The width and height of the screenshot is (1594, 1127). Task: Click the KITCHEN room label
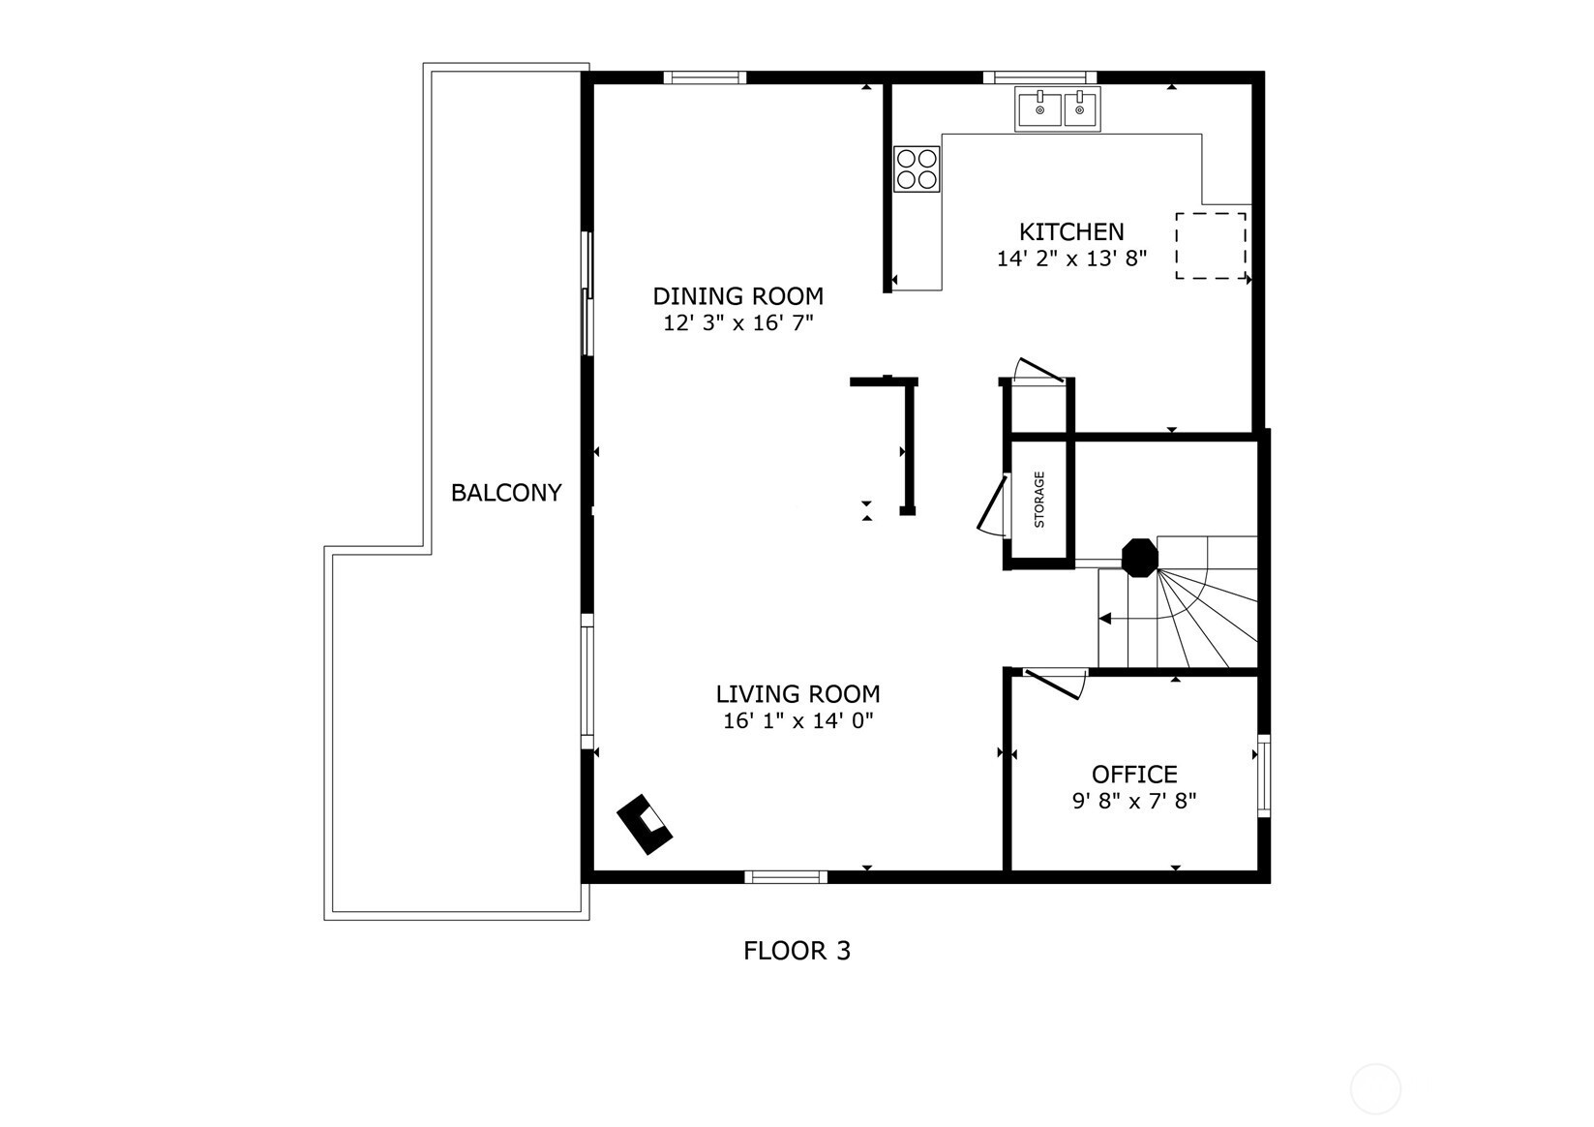coord(1071,232)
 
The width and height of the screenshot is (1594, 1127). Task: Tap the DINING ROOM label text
coord(737,296)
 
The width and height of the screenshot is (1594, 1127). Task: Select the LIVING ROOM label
coord(797,694)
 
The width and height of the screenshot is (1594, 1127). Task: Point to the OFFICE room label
coord(1134,774)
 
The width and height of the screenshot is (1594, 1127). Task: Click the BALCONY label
coord(506,493)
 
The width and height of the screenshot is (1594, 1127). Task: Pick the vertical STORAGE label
coord(1038,499)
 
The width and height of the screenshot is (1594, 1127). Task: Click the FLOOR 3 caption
coord(797,951)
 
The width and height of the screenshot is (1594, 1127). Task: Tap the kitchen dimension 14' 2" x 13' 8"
coord(1071,259)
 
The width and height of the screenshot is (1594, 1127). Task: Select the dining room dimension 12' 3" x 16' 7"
coord(737,323)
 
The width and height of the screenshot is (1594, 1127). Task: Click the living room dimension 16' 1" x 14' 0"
coord(797,721)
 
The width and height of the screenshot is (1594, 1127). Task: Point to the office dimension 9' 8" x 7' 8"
coord(1134,801)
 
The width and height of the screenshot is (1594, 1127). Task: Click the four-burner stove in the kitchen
coord(917,168)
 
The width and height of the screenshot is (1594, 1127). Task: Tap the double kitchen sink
coord(1058,109)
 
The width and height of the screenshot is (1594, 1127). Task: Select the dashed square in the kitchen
coord(1211,246)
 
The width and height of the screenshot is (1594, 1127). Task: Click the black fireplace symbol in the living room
coord(645,824)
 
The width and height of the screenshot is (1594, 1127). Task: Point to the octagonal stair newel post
coord(1140,558)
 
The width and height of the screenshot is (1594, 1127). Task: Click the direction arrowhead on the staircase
coord(1104,619)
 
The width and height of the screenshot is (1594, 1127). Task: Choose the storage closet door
coord(992,504)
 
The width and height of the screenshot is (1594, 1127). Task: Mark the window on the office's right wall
coord(1264,776)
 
